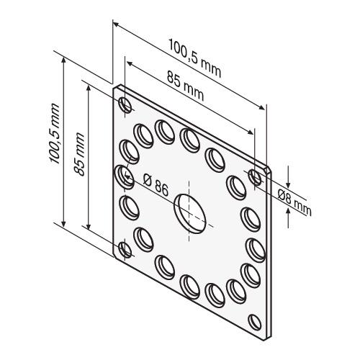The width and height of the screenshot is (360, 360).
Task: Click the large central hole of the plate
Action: (x=190, y=214)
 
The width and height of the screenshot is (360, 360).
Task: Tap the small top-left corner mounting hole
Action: (x=125, y=105)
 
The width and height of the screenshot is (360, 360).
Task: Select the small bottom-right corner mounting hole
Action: (x=255, y=322)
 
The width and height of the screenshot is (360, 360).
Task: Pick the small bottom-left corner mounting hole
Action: (x=125, y=250)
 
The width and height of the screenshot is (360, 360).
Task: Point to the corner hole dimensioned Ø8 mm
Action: (x=255, y=177)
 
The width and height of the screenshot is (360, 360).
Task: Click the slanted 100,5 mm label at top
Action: (x=194, y=58)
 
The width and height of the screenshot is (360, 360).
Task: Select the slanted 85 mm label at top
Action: (x=185, y=86)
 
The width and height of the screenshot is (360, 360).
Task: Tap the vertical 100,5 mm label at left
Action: (x=55, y=134)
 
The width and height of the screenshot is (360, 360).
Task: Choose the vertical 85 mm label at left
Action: (x=79, y=154)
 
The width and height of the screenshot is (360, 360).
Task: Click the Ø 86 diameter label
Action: (x=156, y=185)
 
